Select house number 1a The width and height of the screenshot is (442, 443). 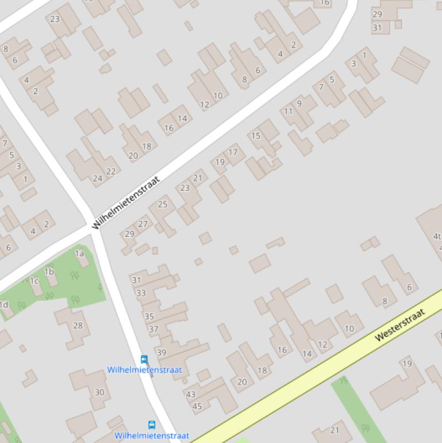point(79,253)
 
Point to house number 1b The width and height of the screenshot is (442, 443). point(49,272)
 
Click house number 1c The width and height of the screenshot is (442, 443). point(34,281)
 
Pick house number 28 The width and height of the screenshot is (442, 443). point(78,326)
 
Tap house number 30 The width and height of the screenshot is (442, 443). point(99,392)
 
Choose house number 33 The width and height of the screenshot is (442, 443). point(141,293)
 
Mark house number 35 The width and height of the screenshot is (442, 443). point(149,316)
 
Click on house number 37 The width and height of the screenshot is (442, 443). point(153,329)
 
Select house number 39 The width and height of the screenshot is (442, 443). point(161,353)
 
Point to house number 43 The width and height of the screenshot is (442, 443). point(191,395)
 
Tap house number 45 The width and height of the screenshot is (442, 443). point(197,406)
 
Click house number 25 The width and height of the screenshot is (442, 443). point(163,204)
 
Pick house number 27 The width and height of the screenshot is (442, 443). point(143,224)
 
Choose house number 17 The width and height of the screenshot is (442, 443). point(233,152)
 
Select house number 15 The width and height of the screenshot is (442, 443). point(256,136)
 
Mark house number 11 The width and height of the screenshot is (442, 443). point(289,111)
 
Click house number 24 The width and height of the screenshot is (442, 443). point(98,178)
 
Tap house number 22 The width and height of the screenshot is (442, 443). point(111,171)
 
